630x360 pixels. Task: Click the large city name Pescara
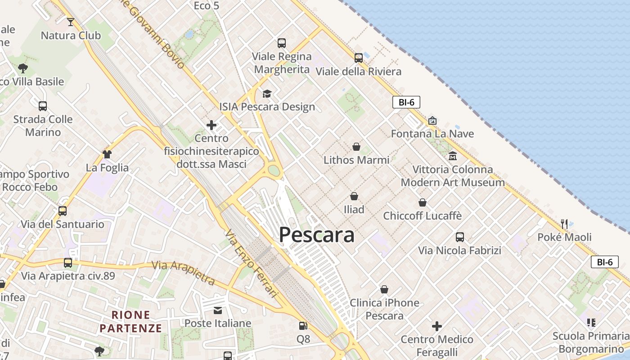click(316, 234)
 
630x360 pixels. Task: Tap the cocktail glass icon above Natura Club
click(71, 22)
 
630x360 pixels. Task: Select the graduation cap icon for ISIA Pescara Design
click(267, 94)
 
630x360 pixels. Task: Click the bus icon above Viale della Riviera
click(359, 58)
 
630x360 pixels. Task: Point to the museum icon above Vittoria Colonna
click(453, 156)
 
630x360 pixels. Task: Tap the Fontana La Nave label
click(432, 134)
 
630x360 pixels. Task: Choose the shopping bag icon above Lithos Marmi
click(356, 147)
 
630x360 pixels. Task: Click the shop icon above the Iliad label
click(354, 196)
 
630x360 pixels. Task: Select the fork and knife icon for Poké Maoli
click(564, 223)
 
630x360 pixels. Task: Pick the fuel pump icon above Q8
click(303, 325)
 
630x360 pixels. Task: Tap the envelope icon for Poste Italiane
click(218, 310)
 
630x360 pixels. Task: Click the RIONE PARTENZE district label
click(130, 321)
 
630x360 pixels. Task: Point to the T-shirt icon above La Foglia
click(107, 154)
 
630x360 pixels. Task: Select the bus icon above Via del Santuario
click(63, 211)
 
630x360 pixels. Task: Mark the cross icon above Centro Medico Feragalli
click(436, 326)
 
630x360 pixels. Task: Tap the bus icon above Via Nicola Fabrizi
click(459, 237)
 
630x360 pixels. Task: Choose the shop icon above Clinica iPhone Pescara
click(384, 289)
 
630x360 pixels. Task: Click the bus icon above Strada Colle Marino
click(43, 106)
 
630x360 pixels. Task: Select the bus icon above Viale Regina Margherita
click(282, 43)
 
